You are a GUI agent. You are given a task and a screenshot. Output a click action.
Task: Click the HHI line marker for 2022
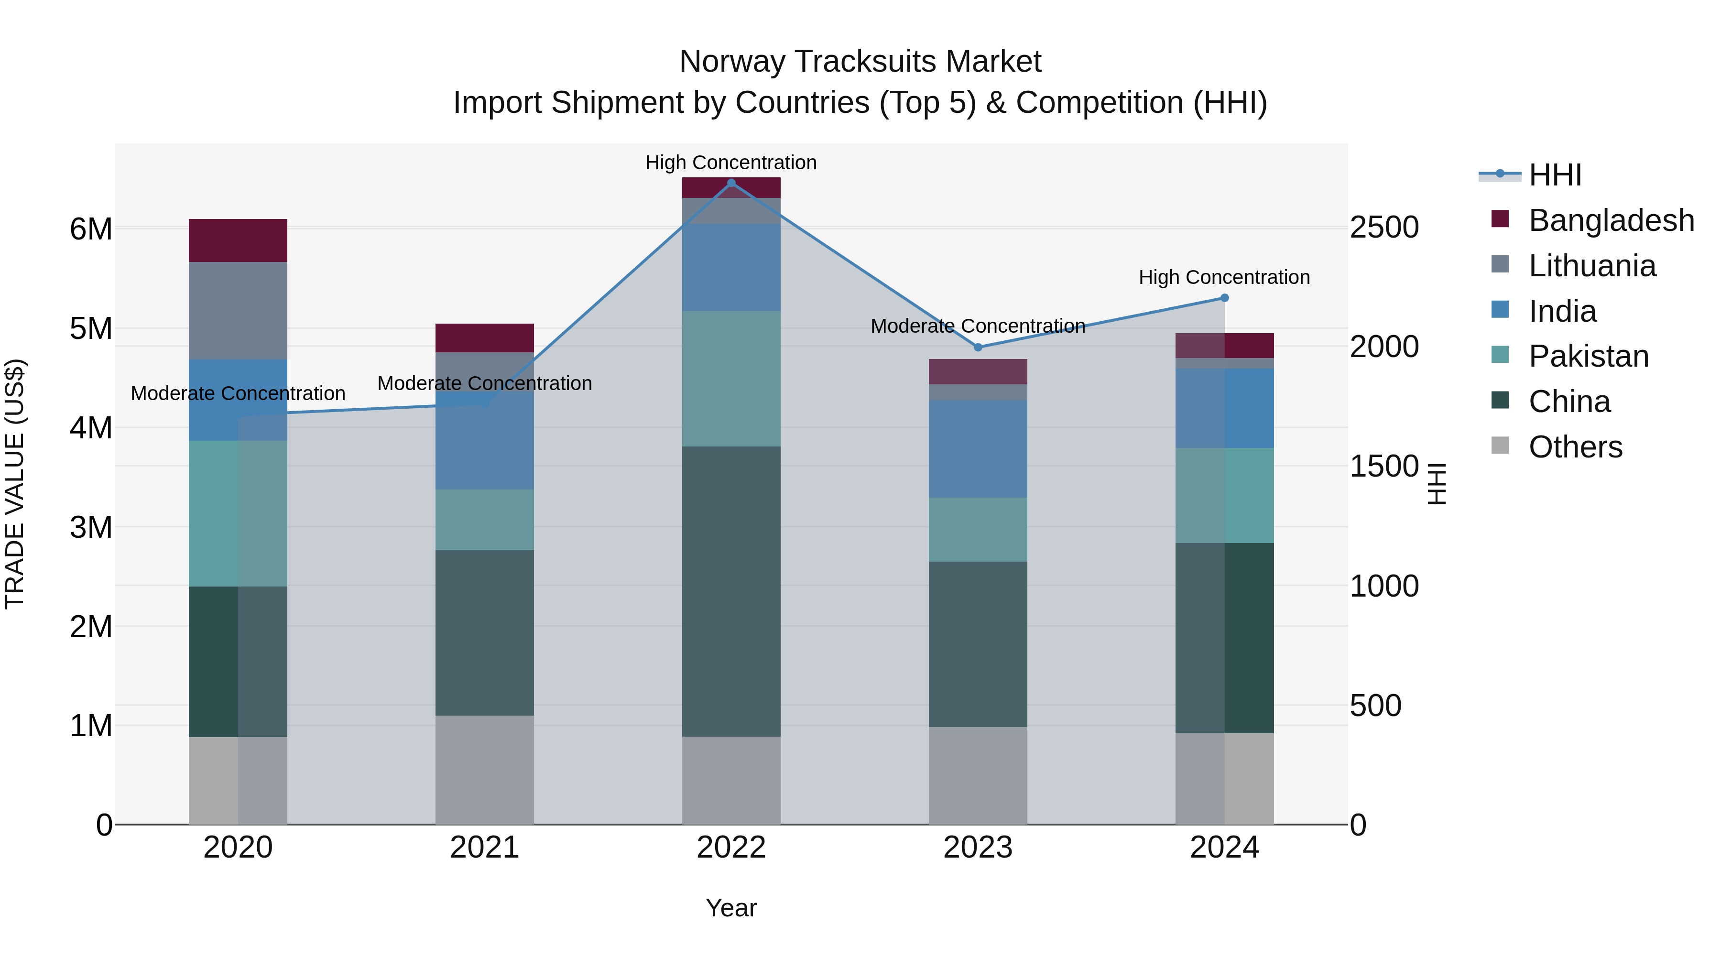[731, 183]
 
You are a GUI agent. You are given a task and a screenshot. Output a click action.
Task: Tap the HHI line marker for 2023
[978, 348]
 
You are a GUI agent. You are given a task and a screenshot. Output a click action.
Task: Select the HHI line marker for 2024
[1225, 298]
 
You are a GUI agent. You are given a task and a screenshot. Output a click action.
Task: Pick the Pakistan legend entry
[1588, 356]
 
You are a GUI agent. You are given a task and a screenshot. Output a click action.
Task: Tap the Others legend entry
[1575, 447]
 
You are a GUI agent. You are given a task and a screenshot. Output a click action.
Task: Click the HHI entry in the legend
[1555, 175]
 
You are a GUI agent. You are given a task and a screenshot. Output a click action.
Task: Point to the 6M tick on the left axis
[91, 229]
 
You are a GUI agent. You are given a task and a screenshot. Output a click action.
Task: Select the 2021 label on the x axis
[484, 848]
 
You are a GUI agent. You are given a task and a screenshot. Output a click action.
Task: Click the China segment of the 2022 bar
[731, 591]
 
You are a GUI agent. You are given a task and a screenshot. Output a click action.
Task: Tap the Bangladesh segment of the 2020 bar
[238, 240]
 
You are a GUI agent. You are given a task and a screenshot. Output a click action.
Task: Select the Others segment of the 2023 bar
[978, 776]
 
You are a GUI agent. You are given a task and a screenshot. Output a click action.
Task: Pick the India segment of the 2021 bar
[484, 441]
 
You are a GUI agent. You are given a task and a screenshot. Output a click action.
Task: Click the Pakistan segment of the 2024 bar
[1225, 495]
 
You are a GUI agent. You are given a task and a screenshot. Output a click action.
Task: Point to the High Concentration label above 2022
[731, 163]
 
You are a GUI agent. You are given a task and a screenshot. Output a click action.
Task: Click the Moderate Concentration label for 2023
[978, 326]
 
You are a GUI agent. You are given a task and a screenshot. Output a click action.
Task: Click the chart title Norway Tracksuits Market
[860, 62]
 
